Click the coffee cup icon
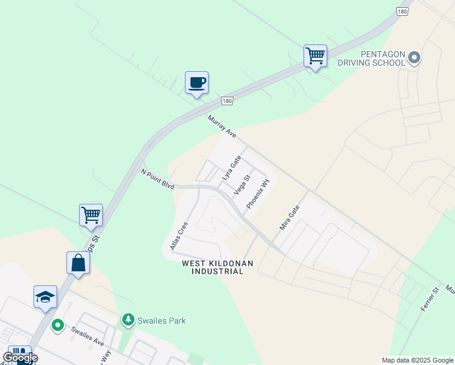(196, 83)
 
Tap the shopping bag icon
(78, 263)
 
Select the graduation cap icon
(46, 297)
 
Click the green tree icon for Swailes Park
(128, 319)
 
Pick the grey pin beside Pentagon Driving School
(414, 58)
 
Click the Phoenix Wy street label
(257, 194)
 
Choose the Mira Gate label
(290, 217)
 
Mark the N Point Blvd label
(158, 179)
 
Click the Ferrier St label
(429, 300)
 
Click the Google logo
(20, 358)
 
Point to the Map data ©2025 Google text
(417, 360)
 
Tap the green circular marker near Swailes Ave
(58, 325)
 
